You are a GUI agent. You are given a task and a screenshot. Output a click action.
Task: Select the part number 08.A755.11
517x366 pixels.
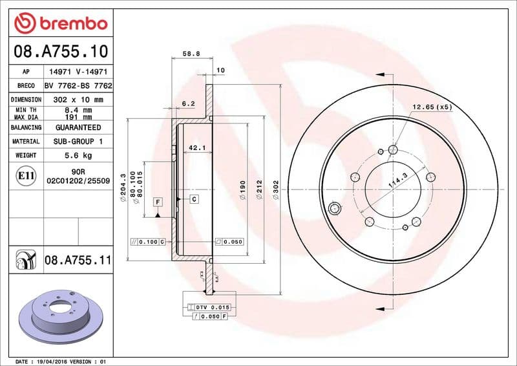click(x=78, y=261)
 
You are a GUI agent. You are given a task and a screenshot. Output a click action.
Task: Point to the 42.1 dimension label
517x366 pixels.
click(x=196, y=148)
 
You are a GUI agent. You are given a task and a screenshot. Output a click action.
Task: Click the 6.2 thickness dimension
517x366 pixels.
click(x=188, y=103)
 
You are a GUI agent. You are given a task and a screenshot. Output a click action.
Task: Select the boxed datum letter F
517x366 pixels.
click(x=158, y=202)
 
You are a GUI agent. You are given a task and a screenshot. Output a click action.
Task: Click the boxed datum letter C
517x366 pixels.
click(x=194, y=199)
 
